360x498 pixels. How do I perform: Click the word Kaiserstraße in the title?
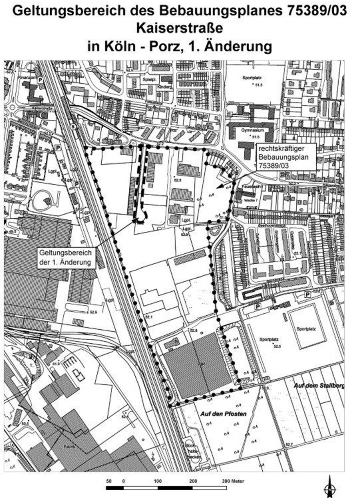180,28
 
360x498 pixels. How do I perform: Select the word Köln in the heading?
118,46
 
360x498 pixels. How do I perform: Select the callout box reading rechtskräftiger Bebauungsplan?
285,157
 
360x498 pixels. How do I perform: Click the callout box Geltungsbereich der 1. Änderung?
66,258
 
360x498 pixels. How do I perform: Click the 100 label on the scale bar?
158,481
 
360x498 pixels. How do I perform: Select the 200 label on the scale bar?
193,481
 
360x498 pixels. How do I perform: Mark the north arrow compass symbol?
330,487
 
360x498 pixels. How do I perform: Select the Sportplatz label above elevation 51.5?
252,78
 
